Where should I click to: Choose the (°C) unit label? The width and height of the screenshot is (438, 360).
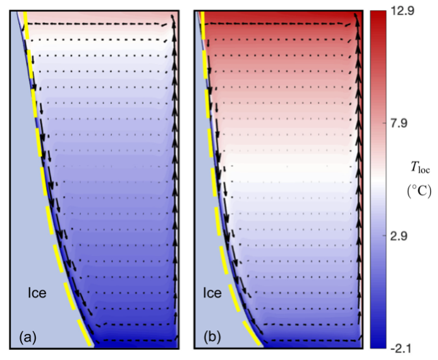pyautogui.click(x=421, y=191)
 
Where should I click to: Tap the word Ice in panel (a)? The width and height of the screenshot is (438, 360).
pyautogui.click(x=35, y=293)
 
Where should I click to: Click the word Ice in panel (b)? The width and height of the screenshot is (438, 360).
pyautogui.click(x=212, y=293)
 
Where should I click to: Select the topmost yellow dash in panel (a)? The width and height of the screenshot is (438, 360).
pyautogui.click(x=25, y=20)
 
